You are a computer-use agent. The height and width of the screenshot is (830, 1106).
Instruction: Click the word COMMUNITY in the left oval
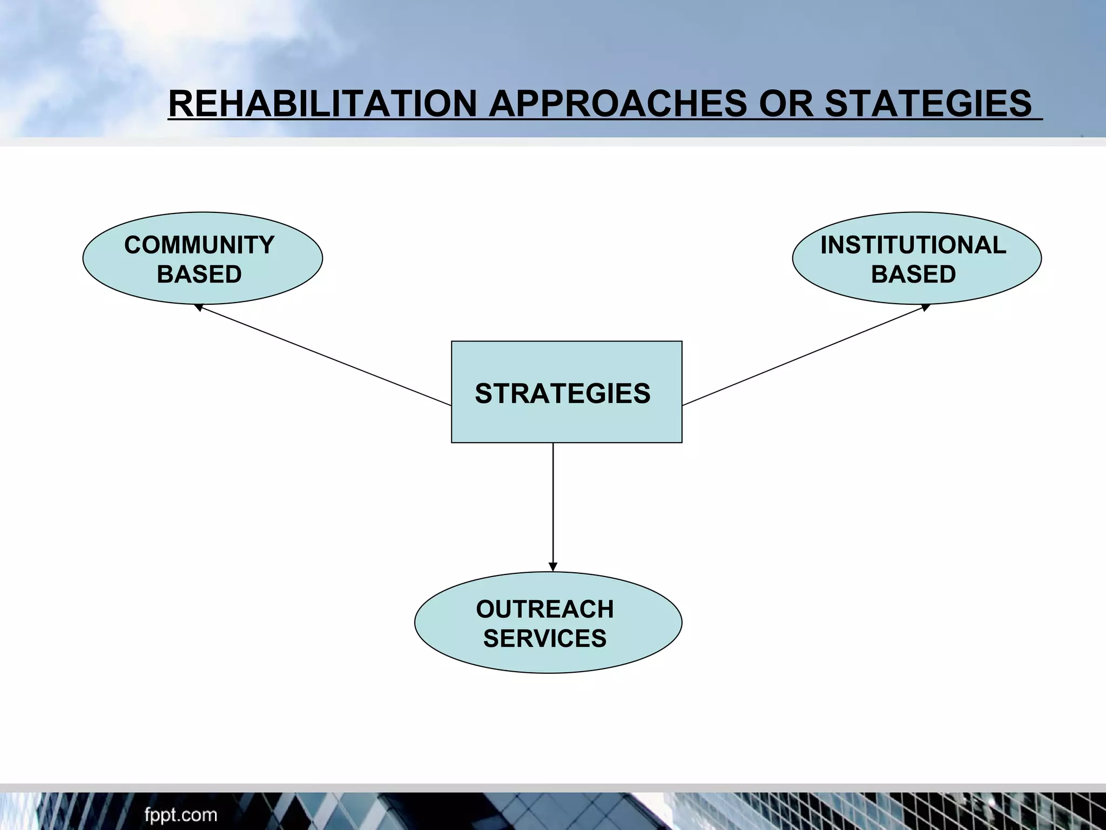[199, 245]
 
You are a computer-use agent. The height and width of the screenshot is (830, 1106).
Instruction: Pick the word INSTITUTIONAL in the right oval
[913, 245]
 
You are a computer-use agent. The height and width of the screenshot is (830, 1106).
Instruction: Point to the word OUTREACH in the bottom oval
[544, 609]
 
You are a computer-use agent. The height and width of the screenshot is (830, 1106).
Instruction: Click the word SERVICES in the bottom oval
[544, 638]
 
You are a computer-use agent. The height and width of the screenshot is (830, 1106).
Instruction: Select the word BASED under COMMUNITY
[199, 274]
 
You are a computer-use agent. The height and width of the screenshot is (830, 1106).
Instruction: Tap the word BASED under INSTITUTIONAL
[913, 274]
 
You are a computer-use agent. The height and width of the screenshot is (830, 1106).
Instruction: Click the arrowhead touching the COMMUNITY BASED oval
[198, 307]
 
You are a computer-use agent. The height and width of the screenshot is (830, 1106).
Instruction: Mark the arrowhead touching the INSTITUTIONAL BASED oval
[926, 306]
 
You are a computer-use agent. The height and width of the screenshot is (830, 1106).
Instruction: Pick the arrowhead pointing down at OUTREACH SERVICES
[552, 567]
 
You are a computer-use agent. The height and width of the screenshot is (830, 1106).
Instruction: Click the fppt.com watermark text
[180, 814]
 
